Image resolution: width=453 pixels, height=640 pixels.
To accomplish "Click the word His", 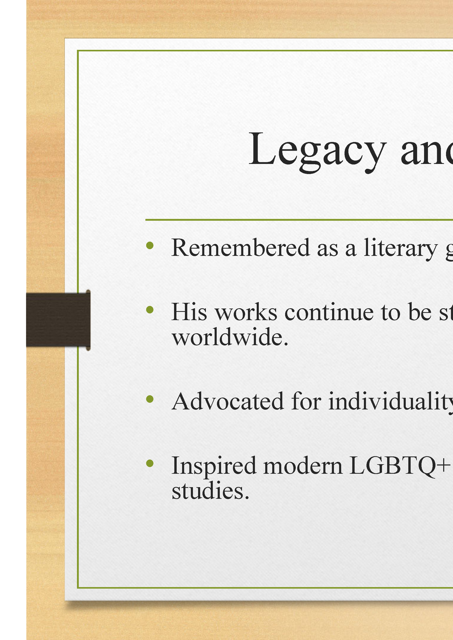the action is [x=189, y=312].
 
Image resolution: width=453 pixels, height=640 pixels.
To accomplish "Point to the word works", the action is [x=246, y=312].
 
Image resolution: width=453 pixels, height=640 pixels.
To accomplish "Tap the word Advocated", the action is [x=228, y=401].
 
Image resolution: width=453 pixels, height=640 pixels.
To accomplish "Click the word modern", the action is [x=303, y=466].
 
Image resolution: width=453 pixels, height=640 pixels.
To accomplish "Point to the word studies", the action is [x=211, y=491].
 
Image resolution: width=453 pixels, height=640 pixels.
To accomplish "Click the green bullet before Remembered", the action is [x=150, y=245].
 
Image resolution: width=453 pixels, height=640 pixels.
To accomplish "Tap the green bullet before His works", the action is [x=150, y=310].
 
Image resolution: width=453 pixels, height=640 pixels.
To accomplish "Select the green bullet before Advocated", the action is [x=150, y=399].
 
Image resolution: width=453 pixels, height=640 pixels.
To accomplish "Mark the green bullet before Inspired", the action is [x=150, y=463].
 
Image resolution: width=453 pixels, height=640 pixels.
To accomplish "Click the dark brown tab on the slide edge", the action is [x=58, y=320].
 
